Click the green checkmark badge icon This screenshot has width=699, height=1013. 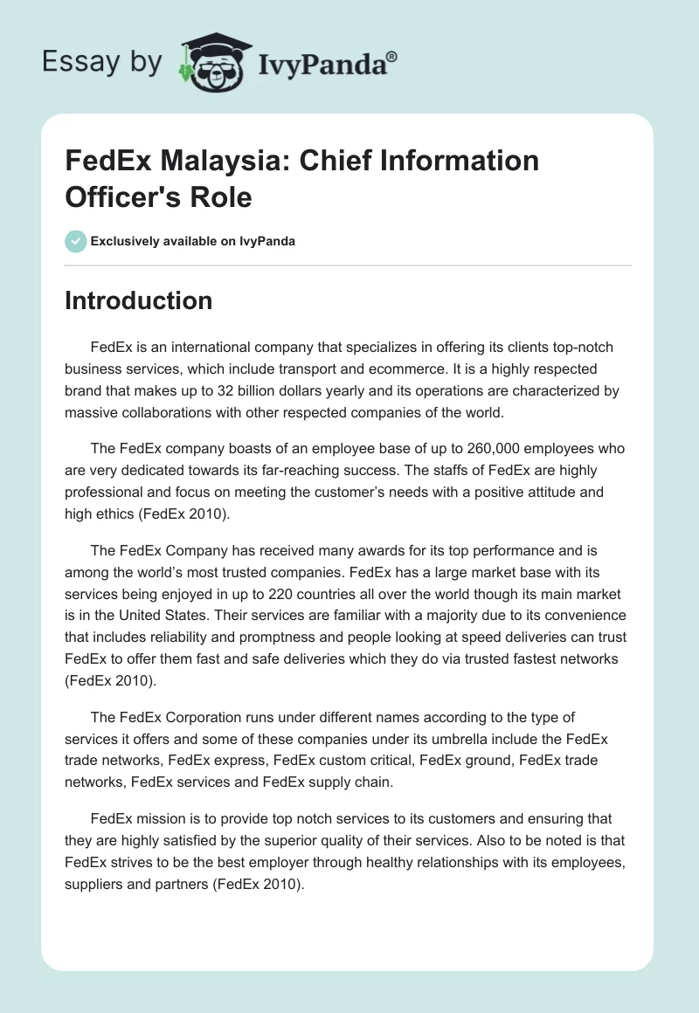(76, 241)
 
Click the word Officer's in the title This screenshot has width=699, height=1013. (119, 197)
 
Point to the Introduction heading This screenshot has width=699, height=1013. (138, 300)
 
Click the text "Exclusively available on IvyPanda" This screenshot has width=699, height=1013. (193, 241)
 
